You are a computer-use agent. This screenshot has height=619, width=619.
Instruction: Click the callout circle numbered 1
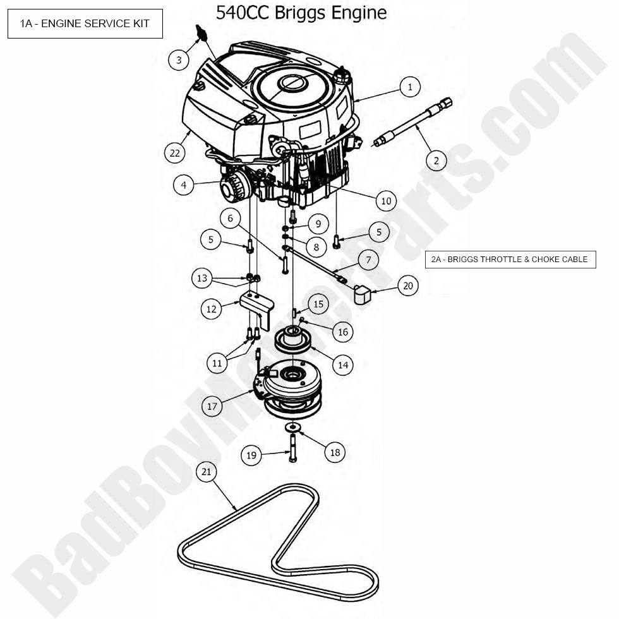[x=410, y=87]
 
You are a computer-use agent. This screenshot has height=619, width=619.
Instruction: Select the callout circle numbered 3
[x=179, y=60]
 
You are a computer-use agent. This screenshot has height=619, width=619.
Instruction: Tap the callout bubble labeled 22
[x=175, y=152]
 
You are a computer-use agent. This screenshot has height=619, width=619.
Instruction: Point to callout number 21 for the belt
[x=206, y=472]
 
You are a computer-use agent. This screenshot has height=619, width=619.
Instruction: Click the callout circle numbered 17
[x=212, y=406]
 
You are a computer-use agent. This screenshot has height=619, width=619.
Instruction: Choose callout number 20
[x=408, y=286]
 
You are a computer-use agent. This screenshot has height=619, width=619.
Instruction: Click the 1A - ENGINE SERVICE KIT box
[x=85, y=23]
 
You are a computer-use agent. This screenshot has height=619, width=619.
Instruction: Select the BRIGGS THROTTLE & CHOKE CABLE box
[x=510, y=260]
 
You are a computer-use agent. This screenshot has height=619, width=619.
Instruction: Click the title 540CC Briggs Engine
[x=301, y=13]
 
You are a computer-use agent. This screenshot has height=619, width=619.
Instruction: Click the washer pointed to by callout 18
[x=293, y=428]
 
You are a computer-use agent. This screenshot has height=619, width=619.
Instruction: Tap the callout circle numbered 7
[x=368, y=260]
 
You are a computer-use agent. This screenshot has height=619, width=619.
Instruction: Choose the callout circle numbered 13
[x=202, y=278]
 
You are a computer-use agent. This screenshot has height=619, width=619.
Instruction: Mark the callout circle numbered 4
[x=183, y=186]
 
